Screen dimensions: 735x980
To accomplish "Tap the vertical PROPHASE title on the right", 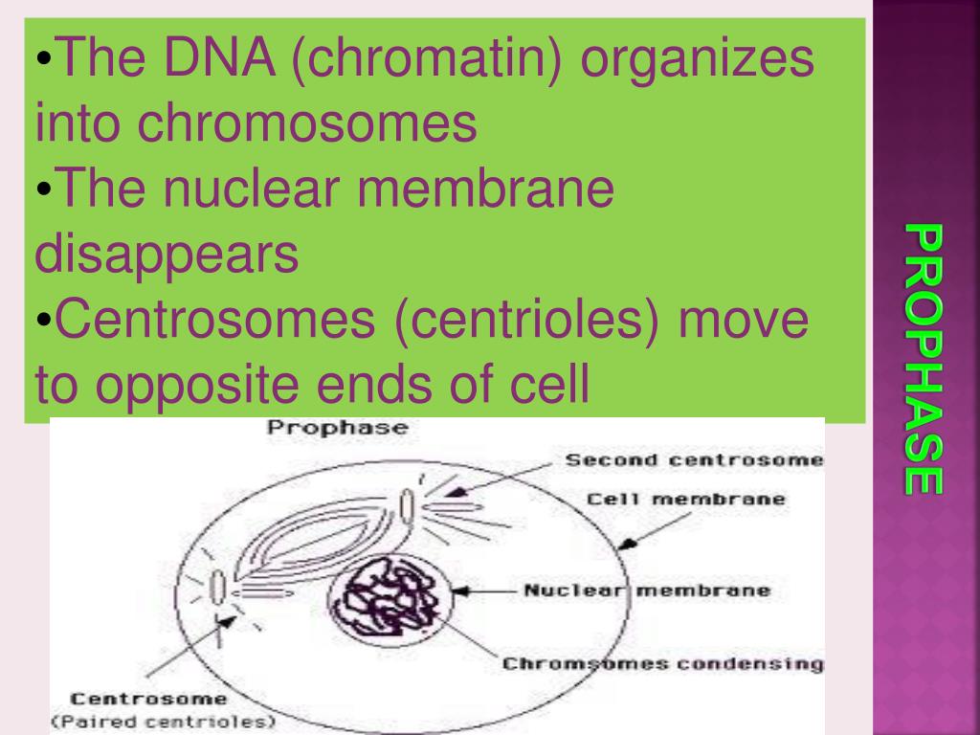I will point(924,360).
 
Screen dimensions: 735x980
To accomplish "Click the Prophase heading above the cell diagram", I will point(336,428).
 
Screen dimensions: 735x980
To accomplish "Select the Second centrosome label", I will point(694,459).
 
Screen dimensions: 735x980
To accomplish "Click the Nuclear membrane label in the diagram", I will point(646,590).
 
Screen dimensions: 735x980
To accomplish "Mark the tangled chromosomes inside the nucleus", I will point(388,593).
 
